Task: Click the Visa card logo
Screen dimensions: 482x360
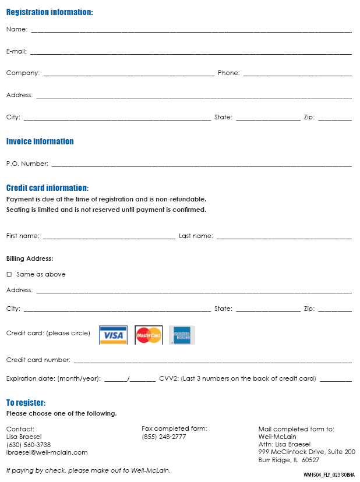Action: [x=113, y=335]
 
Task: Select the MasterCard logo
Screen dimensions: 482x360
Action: [x=149, y=335]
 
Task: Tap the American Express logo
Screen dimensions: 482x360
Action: [x=182, y=335]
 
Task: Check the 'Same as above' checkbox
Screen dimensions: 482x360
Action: [x=9, y=274]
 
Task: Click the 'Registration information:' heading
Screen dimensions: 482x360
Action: [x=50, y=12]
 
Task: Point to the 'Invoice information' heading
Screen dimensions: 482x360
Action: [x=40, y=141]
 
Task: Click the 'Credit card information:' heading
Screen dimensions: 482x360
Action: [x=47, y=188]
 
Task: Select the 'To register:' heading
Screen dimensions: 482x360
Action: [x=26, y=403]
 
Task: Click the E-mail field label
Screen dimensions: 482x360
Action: [x=16, y=51]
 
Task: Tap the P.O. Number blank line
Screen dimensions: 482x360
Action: [x=201, y=165]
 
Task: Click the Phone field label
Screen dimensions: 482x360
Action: [x=228, y=73]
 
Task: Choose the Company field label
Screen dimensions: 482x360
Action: [x=23, y=73]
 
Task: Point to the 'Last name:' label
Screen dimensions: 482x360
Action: [x=196, y=236]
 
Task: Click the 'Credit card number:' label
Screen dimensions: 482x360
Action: [x=38, y=360]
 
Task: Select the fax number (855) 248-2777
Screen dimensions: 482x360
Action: [x=164, y=437]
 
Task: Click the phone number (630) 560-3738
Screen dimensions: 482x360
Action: [x=28, y=445]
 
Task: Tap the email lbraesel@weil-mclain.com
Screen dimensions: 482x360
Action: [x=47, y=452]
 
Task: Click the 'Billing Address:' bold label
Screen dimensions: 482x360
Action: [x=30, y=258]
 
